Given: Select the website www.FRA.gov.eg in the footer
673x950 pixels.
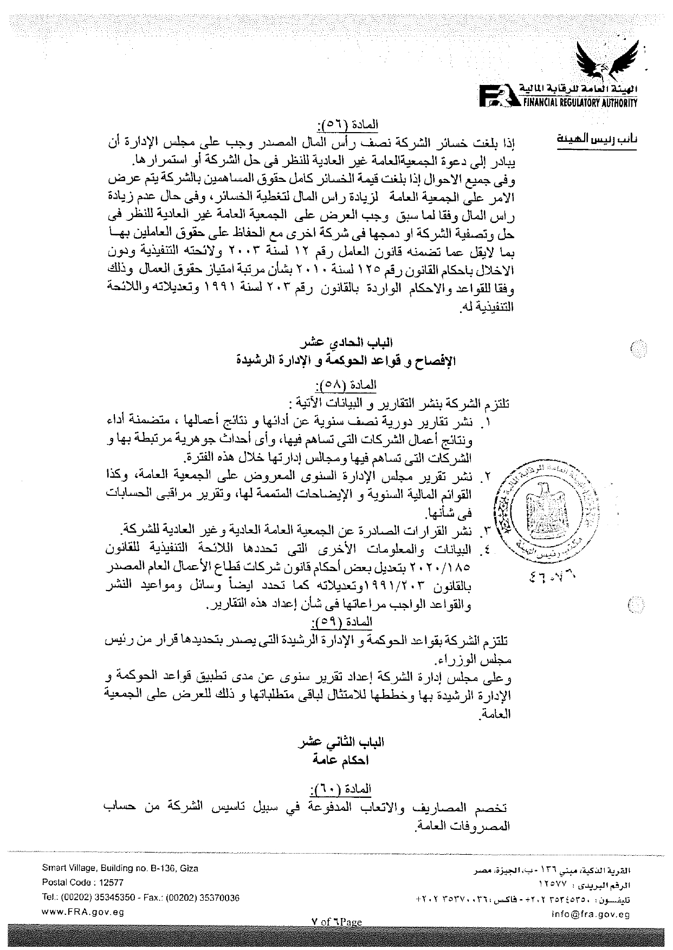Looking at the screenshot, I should [x=83, y=912].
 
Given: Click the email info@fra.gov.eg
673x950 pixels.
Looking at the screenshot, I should [x=597, y=915].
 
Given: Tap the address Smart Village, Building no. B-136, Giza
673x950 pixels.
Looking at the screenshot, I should [x=120, y=868].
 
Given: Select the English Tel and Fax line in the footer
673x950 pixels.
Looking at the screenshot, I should [x=140, y=897].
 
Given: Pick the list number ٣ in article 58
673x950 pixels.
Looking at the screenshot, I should [x=486, y=528].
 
